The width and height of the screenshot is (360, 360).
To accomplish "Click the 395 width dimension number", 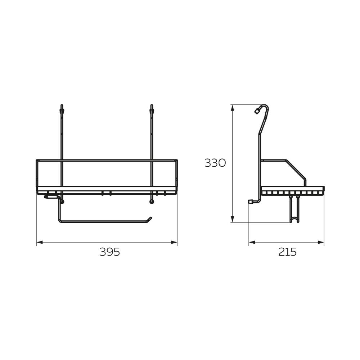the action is [x=110, y=252].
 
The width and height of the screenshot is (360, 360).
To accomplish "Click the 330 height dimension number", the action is [x=215, y=163].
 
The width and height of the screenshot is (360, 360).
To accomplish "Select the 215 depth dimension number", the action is [x=287, y=252].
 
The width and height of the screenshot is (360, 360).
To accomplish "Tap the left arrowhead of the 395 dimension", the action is [x=40, y=242].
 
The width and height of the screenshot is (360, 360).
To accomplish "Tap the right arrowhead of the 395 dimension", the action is [x=174, y=242].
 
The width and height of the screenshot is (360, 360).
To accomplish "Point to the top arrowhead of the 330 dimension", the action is [x=233, y=108].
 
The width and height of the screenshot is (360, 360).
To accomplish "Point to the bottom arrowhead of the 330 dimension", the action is [x=233, y=219].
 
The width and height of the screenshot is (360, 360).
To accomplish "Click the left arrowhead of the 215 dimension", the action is [x=252, y=242].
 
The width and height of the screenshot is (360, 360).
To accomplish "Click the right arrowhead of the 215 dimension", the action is [x=321, y=242].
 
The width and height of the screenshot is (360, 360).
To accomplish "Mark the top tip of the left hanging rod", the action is [x=62, y=105].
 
